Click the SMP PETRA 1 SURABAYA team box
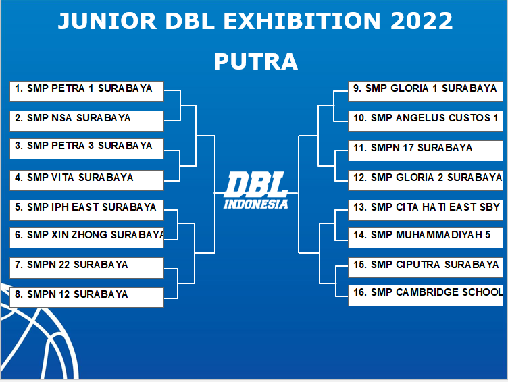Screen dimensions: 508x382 pyautogui.click(x=87, y=91)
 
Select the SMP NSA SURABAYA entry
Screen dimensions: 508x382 pyautogui.click(x=87, y=121)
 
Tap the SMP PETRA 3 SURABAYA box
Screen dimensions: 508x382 pyautogui.click(x=87, y=149)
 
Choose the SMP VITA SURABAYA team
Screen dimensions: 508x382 pyautogui.click(x=87, y=180)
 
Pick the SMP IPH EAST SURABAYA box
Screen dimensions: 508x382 pyautogui.click(x=87, y=210)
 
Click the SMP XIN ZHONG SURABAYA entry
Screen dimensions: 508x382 pyautogui.click(x=87, y=238)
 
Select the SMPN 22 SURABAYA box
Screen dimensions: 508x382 pyautogui.click(x=87, y=268)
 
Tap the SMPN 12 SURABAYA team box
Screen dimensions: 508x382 pyautogui.click(x=87, y=297)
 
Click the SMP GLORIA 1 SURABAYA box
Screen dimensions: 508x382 pyautogui.click(x=426, y=91)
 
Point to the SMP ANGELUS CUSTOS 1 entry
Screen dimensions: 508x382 pyautogui.click(x=426, y=121)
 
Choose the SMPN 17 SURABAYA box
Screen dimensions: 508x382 pyautogui.click(x=426, y=151)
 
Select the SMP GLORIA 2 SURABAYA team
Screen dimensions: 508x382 pyautogui.click(x=426, y=180)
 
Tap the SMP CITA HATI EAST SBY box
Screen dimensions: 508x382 pyautogui.click(x=426, y=210)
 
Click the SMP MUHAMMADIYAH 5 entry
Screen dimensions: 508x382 pyautogui.click(x=426, y=238)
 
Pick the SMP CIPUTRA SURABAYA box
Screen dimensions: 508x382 pyautogui.click(x=426, y=268)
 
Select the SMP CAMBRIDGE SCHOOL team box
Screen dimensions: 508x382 pyautogui.click(x=426, y=296)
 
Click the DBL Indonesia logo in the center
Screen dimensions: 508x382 pyautogui.click(x=256, y=190)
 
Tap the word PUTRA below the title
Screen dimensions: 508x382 pyautogui.click(x=255, y=61)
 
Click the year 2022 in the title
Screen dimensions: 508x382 pyautogui.click(x=421, y=21)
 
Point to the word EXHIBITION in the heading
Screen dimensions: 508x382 pyautogui.click(x=301, y=21)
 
